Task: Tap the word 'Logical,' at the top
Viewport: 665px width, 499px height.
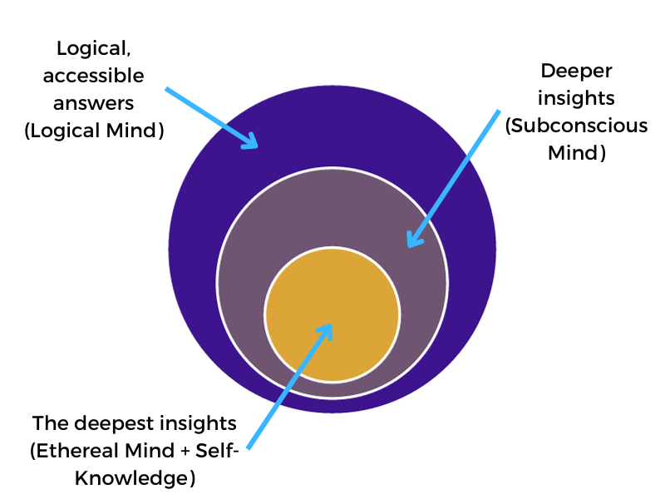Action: [x=92, y=48]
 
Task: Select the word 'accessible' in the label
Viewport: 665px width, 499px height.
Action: [x=92, y=76]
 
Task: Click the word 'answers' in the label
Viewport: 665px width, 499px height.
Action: [x=92, y=103]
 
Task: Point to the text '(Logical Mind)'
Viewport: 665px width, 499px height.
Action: [x=92, y=131]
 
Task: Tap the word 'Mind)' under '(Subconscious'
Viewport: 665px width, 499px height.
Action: [x=576, y=153]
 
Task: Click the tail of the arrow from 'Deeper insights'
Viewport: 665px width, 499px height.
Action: [x=499, y=111]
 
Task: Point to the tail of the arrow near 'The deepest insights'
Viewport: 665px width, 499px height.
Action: [x=249, y=447]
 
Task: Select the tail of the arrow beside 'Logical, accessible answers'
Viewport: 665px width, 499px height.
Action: [x=166, y=87]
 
